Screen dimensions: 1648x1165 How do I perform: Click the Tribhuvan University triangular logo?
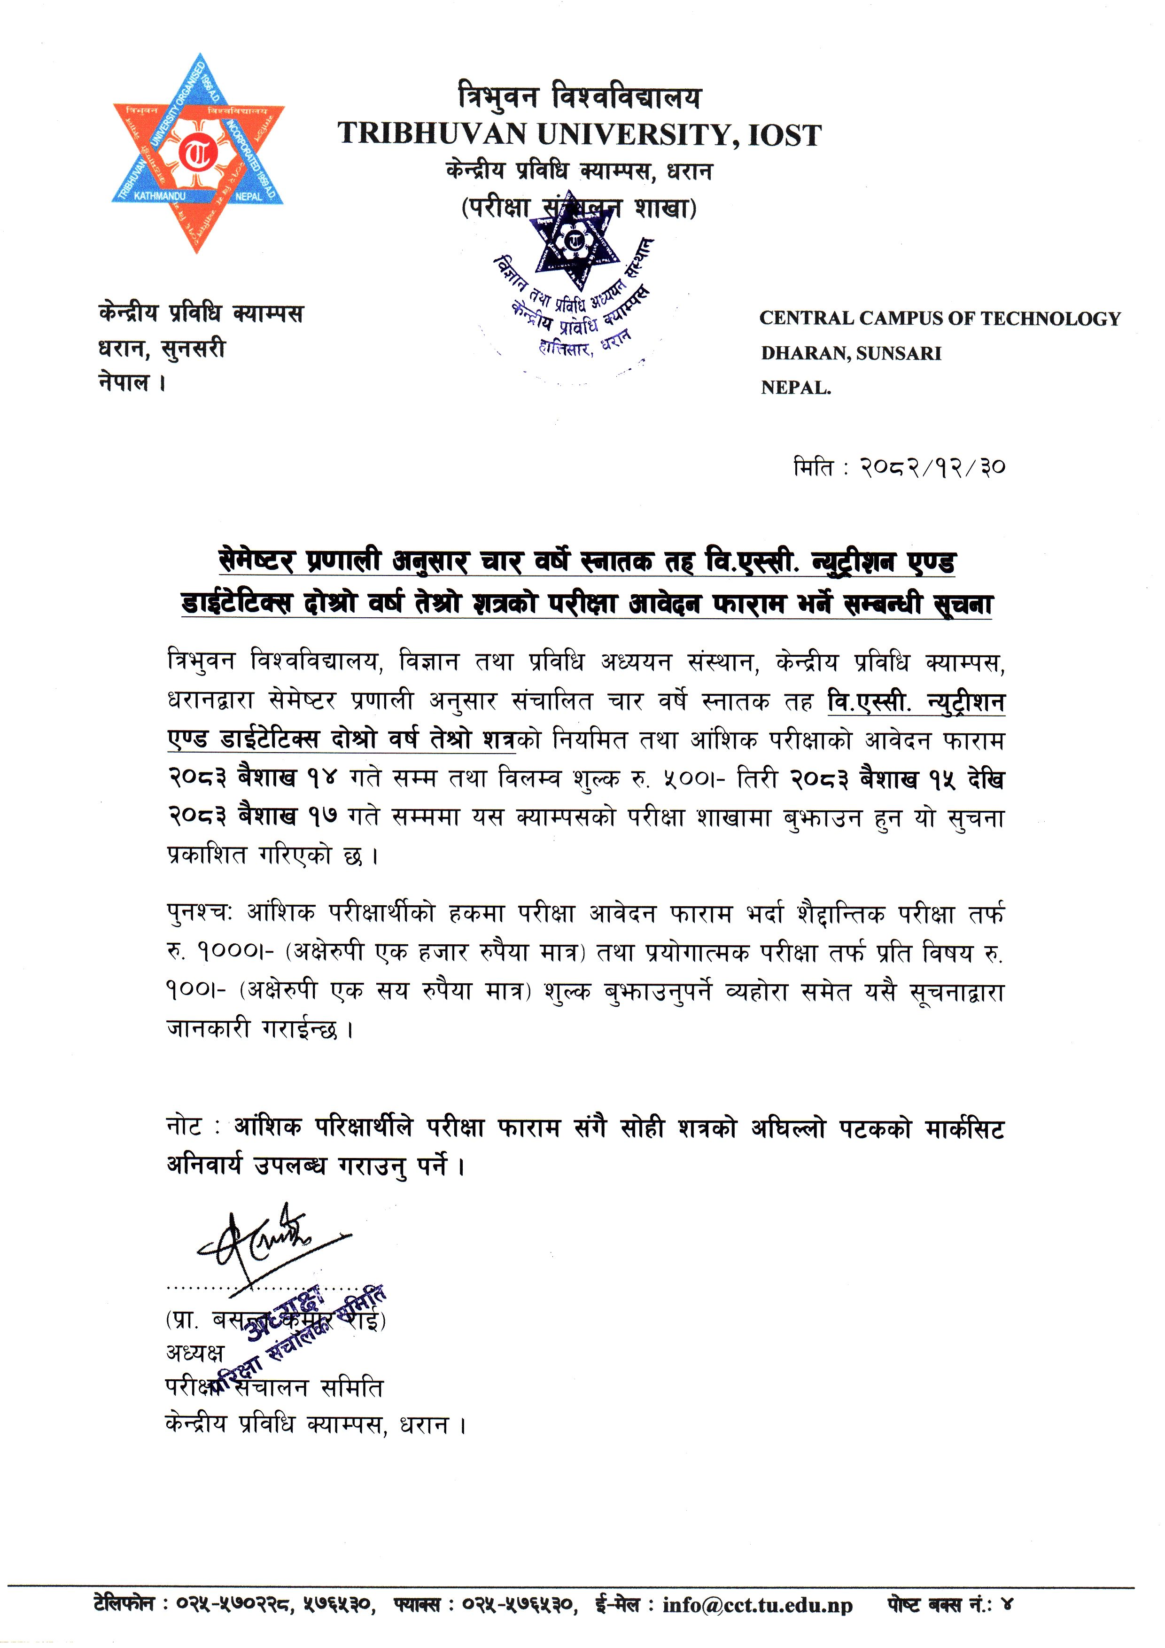point(198,153)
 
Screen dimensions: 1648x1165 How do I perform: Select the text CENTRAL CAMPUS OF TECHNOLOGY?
point(940,319)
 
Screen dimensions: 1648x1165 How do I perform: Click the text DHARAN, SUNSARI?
point(851,353)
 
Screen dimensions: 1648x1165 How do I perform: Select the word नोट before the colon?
point(184,1127)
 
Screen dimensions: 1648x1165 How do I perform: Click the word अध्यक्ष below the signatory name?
point(195,1353)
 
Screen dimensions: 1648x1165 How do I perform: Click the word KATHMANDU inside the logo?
point(159,196)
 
